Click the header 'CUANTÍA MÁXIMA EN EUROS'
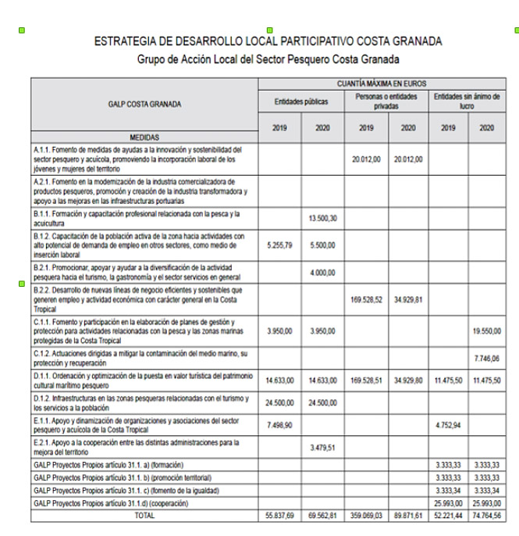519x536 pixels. (382, 82)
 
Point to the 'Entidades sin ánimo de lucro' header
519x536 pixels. (467, 101)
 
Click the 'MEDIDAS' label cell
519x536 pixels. (144, 138)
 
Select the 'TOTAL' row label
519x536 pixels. (144, 516)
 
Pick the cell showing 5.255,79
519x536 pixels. (279, 245)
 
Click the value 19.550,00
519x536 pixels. (487, 331)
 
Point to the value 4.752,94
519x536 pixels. (447, 427)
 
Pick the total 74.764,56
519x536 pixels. (487, 516)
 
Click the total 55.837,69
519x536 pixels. (279, 516)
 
